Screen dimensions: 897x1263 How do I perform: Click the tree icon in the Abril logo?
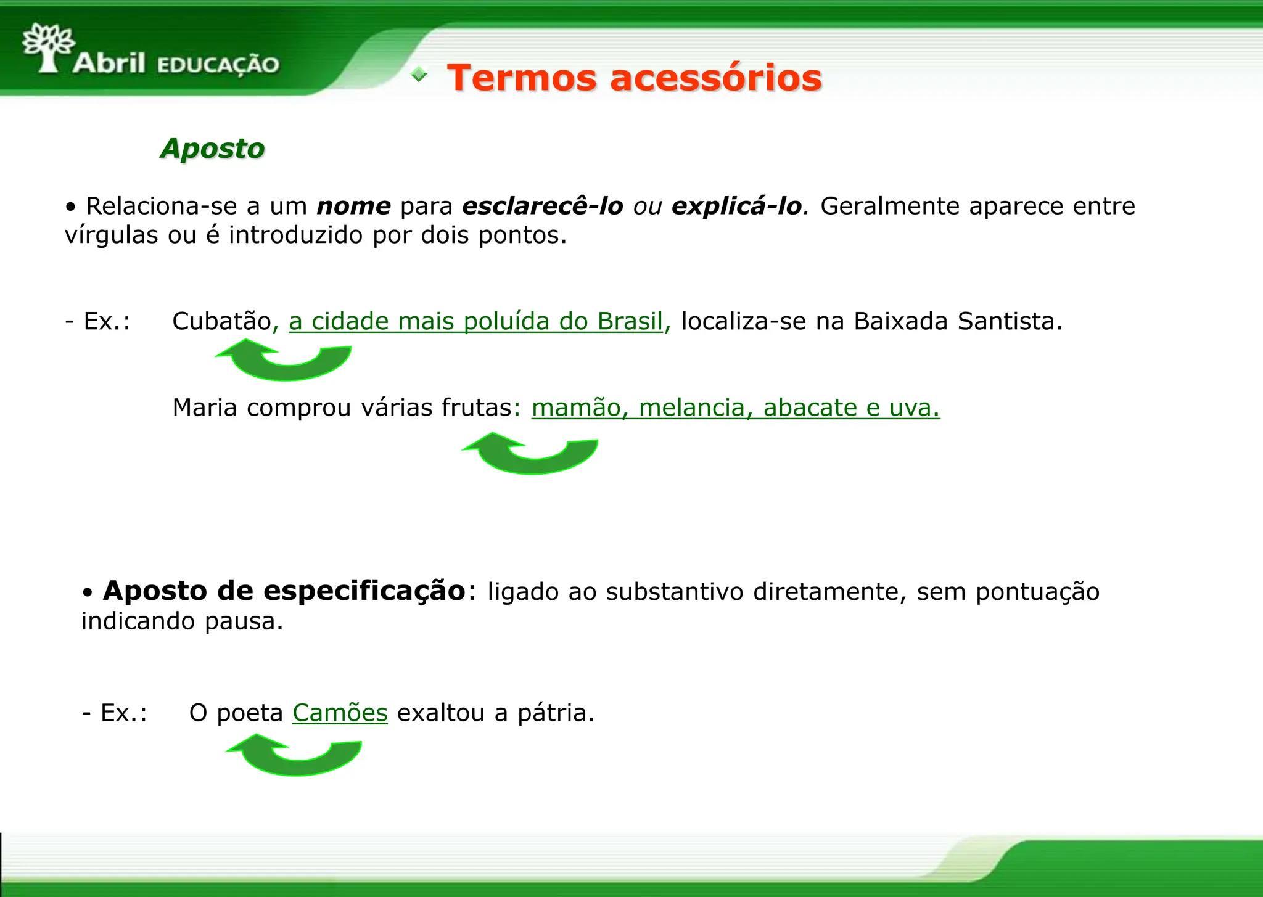pyautogui.click(x=48, y=47)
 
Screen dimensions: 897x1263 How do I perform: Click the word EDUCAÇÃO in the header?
pyautogui.click(x=218, y=65)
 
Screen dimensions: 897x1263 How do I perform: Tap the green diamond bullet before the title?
pyautogui.click(x=419, y=75)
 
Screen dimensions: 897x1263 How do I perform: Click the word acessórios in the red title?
pyautogui.click(x=715, y=78)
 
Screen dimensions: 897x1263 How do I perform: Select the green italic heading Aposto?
pyautogui.click(x=212, y=149)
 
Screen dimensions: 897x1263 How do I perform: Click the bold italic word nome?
pyautogui.click(x=353, y=206)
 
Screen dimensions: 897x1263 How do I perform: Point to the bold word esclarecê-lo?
pyautogui.click(x=542, y=206)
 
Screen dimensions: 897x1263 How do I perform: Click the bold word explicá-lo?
pyautogui.click(x=736, y=206)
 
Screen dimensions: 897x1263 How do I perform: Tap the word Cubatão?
pyautogui.click(x=221, y=321)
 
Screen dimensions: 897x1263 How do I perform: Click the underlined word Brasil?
pyautogui.click(x=629, y=321)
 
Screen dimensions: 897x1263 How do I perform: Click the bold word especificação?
pyautogui.click(x=364, y=591)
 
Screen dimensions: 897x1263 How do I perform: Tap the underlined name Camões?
pyautogui.click(x=340, y=713)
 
